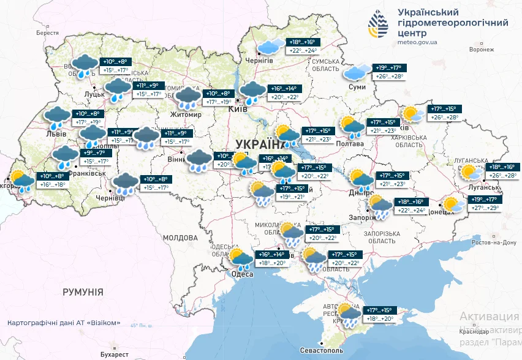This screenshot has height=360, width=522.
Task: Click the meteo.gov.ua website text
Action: pos(417,42)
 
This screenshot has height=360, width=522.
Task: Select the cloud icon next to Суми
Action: pos(355,73)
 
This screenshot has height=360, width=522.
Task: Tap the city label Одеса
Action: pos(243,274)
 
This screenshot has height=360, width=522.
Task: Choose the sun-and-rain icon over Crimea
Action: pos(349,315)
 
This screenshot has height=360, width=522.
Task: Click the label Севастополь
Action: pos(322,351)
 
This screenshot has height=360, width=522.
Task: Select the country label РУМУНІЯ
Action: pos(83,292)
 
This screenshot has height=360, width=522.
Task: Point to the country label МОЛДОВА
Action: pos(180,237)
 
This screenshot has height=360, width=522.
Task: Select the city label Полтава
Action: pos(350,144)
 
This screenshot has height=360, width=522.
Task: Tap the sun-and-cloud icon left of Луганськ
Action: pos(470,172)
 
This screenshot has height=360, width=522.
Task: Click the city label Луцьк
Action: pos(95,95)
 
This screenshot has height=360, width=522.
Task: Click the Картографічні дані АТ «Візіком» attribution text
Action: pos(64,323)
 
